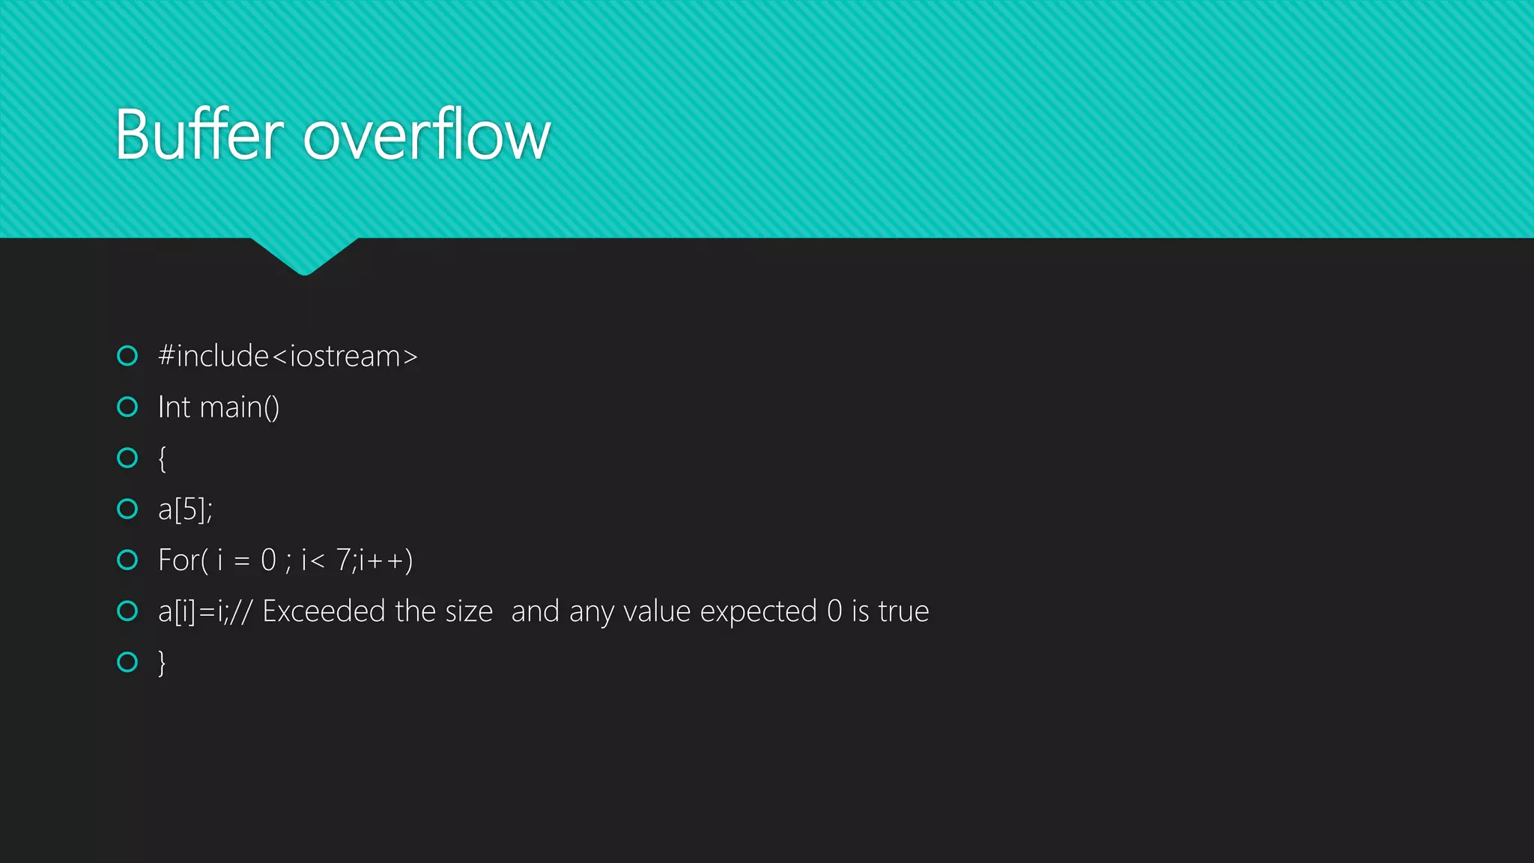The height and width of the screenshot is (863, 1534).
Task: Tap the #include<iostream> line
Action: pyautogui.click(x=288, y=356)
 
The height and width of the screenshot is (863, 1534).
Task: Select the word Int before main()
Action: pyautogui.click(x=174, y=407)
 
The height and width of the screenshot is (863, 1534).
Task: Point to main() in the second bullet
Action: pyautogui.click(x=240, y=407)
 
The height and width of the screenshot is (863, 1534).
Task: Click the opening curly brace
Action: pyautogui.click(x=162, y=458)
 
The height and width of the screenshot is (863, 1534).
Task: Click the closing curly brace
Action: pyautogui.click(x=162, y=663)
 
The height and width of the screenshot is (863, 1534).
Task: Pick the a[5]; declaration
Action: pyautogui.click(x=185, y=509)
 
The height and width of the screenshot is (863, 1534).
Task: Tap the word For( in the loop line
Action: pyautogui.click(x=183, y=560)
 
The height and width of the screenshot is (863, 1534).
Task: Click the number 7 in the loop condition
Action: pyautogui.click(x=343, y=560)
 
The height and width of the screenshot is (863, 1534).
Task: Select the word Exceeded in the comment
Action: pyautogui.click(x=324, y=611)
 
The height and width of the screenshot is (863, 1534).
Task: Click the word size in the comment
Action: pyautogui.click(x=469, y=611)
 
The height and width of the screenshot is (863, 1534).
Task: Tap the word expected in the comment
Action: pyautogui.click(x=758, y=611)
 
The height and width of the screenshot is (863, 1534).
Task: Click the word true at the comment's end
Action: pyautogui.click(x=903, y=611)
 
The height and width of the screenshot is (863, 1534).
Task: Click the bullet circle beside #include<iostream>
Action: pyautogui.click(x=128, y=356)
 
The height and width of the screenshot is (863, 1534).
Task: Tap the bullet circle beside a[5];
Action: pyautogui.click(x=128, y=509)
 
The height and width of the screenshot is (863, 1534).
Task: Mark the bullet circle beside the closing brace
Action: pyautogui.click(x=128, y=662)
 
